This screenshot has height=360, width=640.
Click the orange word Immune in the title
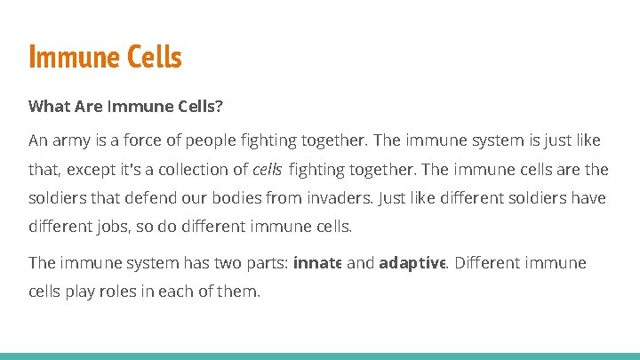pyautogui.click(x=73, y=57)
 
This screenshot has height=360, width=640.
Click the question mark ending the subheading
pyautogui.click(x=220, y=107)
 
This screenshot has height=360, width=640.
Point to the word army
pyautogui.click(x=70, y=140)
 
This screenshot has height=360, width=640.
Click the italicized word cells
pyautogui.click(x=267, y=169)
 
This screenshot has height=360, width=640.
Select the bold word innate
pyautogui.click(x=317, y=262)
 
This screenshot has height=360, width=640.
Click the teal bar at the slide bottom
pyautogui.click(x=320, y=356)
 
